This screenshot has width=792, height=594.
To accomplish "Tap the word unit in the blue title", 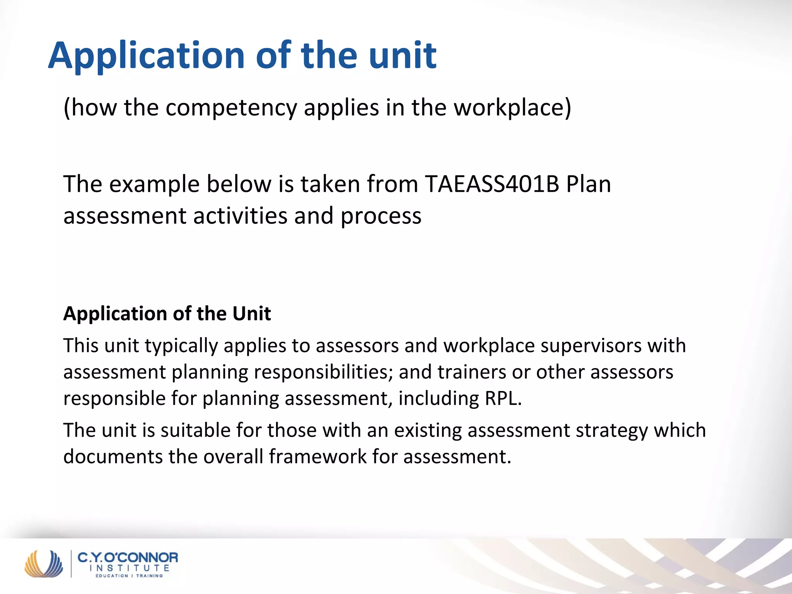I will (x=402, y=56).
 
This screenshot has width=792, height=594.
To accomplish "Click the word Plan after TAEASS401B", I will (x=588, y=184).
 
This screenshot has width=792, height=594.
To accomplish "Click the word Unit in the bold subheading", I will (x=251, y=313).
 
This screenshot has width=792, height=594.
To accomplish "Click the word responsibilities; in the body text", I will (x=323, y=372).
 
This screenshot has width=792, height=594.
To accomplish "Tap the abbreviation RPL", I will (x=503, y=398).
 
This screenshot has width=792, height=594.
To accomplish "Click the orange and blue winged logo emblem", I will (x=43, y=563).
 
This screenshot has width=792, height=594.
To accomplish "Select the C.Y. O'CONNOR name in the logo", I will (x=128, y=558).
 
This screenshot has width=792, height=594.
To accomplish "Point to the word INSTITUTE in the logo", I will (x=129, y=568).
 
